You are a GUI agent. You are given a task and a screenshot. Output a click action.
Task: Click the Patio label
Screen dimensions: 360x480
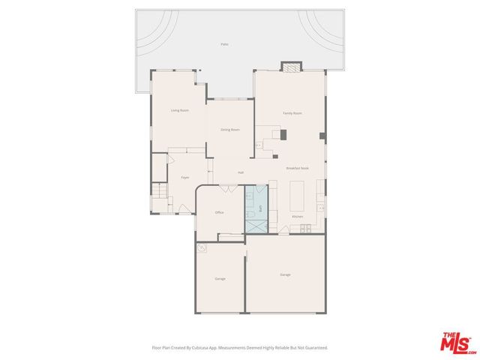(224, 44)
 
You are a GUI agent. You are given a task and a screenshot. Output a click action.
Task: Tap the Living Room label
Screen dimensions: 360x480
(179, 110)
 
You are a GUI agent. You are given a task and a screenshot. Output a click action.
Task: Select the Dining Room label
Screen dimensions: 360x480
(230, 130)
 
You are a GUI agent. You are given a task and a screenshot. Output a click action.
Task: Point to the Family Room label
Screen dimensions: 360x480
(292, 112)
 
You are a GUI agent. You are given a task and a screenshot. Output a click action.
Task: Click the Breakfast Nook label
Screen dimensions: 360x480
(298, 168)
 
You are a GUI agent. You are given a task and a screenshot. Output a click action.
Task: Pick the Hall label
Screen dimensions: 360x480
(241, 173)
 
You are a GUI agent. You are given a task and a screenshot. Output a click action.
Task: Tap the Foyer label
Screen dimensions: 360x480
(184, 178)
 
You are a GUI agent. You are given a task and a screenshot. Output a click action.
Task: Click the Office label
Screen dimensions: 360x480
(220, 212)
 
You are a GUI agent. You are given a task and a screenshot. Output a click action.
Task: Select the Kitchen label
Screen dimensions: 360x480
(298, 217)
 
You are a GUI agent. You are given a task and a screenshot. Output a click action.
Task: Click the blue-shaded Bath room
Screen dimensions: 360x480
(256, 202)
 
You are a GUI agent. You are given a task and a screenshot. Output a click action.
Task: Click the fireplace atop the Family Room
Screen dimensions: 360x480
(289, 66)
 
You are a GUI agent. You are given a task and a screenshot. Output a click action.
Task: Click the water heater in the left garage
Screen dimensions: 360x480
(201, 248)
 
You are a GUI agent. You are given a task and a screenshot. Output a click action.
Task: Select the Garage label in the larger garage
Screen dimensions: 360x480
(285, 274)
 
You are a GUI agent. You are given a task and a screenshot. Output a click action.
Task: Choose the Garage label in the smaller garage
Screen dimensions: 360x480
(220, 278)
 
